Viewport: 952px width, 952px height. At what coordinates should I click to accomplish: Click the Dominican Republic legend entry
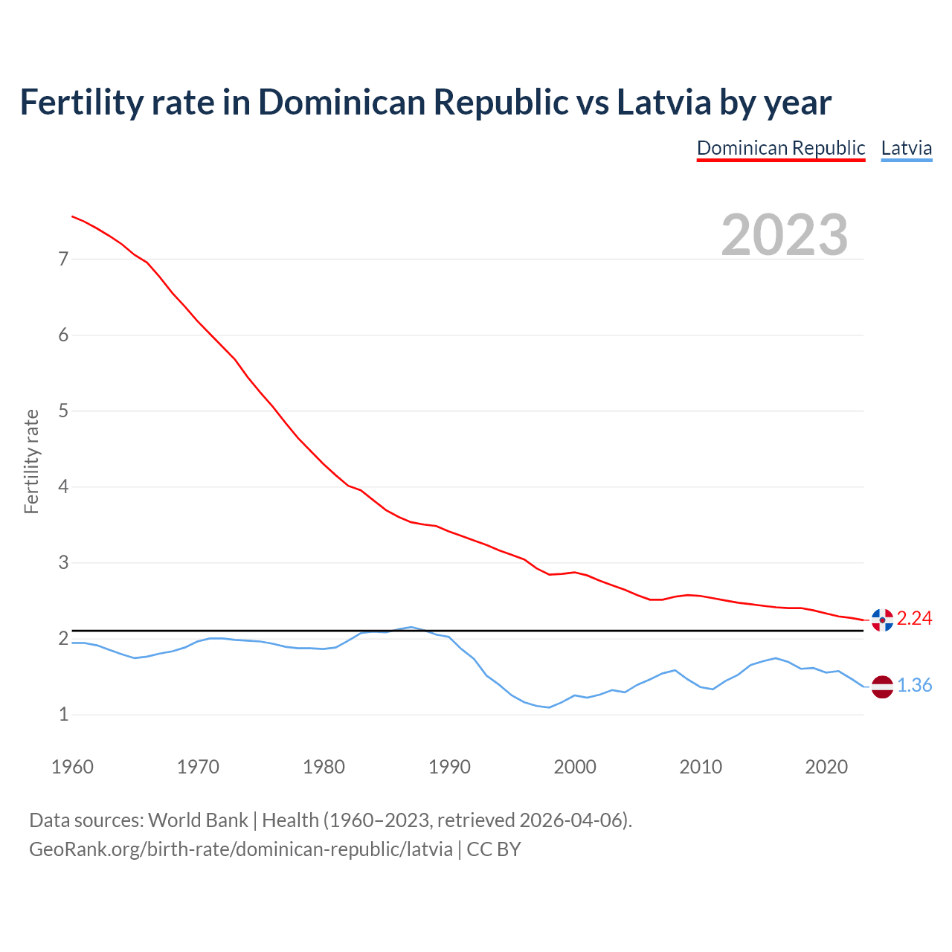pyautogui.click(x=781, y=148)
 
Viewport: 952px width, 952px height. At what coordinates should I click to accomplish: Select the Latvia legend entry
pyautogui.click(x=906, y=148)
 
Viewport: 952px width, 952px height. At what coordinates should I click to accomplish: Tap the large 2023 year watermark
pyautogui.click(x=785, y=234)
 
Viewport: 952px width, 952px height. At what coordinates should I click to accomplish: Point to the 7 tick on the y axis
pyautogui.click(x=63, y=259)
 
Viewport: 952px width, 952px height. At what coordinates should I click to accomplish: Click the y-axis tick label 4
pyautogui.click(x=63, y=486)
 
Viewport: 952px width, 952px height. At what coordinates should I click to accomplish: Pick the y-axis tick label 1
pyautogui.click(x=63, y=714)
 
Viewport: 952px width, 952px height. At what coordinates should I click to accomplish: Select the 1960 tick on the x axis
pyautogui.click(x=72, y=767)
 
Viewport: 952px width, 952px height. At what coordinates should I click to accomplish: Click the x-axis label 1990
pyautogui.click(x=449, y=767)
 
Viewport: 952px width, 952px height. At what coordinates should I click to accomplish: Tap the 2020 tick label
pyautogui.click(x=826, y=767)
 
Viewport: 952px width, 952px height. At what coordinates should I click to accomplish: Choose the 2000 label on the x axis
pyautogui.click(x=575, y=767)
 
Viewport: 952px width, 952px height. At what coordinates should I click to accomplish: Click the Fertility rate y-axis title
pyautogui.click(x=31, y=461)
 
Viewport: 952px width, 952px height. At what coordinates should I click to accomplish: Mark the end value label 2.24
pyautogui.click(x=914, y=618)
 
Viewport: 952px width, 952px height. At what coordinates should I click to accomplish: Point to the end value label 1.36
pyautogui.click(x=914, y=685)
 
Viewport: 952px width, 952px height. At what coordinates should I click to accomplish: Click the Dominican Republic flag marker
pyautogui.click(x=882, y=619)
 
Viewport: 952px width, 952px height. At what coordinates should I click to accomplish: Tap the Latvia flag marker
pyautogui.click(x=882, y=686)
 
